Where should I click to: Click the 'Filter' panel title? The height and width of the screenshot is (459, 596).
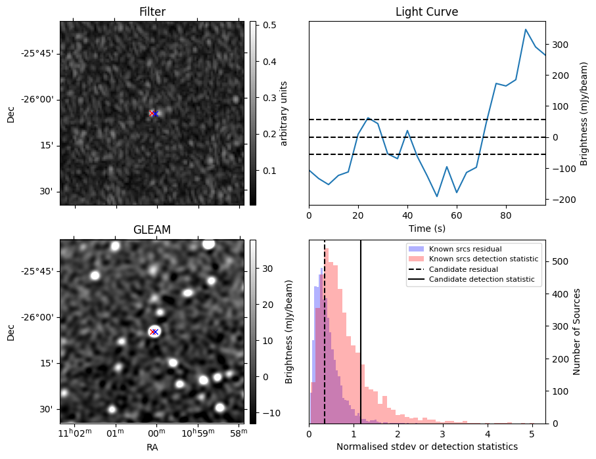point(152,12)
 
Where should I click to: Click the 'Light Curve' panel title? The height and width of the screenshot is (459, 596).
point(426,12)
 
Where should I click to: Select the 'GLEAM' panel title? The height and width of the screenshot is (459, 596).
point(152,230)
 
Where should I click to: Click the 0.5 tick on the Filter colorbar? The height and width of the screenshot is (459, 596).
point(269,26)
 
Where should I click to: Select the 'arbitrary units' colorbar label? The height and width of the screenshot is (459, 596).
point(284,113)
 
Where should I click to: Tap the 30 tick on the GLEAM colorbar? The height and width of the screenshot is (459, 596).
point(268,269)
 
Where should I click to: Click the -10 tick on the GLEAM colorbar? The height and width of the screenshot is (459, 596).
point(270,413)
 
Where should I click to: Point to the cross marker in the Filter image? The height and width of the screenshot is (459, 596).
point(153,114)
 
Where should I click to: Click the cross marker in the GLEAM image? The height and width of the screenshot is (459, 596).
point(154,332)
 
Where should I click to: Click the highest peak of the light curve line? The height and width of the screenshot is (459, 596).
point(526,30)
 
